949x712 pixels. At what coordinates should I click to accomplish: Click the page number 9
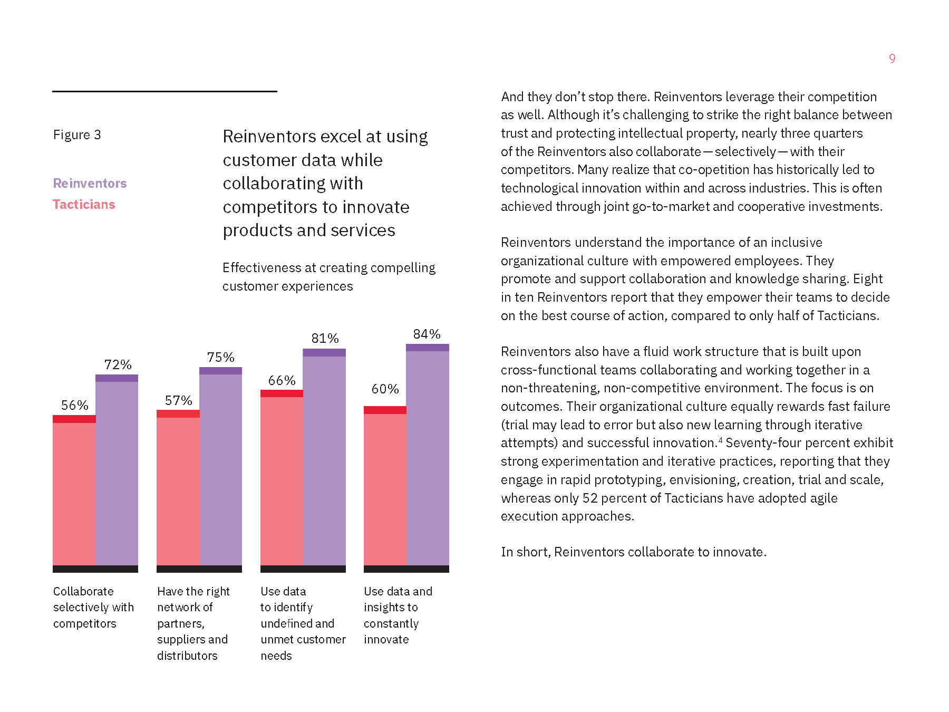pos(892,59)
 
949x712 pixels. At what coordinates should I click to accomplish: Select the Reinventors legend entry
pos(90,183)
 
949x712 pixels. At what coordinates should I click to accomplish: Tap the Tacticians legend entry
pos(84,205)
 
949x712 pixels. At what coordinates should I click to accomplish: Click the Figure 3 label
pos(77,135)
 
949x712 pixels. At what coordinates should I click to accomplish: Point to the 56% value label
pos(74,405)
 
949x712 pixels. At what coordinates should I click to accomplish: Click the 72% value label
pos(118,364)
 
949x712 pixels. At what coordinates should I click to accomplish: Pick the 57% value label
pos(178,400)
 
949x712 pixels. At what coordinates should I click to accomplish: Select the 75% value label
pos(220,357)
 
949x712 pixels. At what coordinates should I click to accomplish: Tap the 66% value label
pos(282,380)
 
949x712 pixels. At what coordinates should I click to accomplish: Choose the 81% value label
pos(325,338)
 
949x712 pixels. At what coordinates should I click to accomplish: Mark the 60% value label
pos(385,389)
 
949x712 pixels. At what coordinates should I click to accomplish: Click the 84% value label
pos(427,334)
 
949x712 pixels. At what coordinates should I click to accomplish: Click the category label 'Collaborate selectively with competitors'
pos(93,607)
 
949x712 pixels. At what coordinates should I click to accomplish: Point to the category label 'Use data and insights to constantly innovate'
pos(398,615)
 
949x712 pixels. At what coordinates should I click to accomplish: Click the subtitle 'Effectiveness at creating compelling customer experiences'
pos(328,277)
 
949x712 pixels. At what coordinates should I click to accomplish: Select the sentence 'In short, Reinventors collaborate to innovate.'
pos(633,552)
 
